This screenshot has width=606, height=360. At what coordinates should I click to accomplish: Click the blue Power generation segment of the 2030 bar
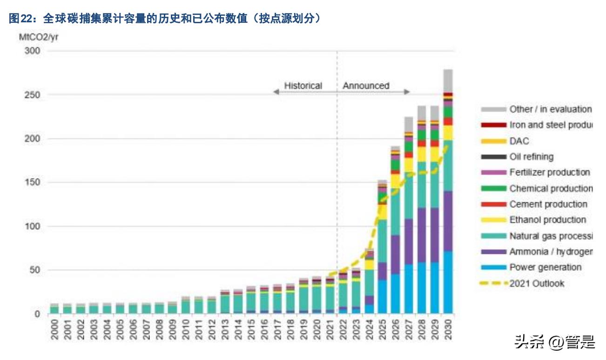click(x=448, y=282)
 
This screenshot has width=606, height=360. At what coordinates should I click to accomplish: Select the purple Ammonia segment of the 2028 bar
click(x=422, y=235)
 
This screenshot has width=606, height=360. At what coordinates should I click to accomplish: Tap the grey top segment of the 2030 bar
click(x=448, y=80)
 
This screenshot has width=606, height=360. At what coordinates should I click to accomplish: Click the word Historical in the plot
click(x=303, y=86)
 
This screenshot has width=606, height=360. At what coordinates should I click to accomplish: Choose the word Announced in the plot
click(x=366, y=86)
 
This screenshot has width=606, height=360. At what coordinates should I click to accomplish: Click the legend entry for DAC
click(x=519, y=141)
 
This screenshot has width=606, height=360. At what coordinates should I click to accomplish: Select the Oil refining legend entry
click(x=531, y=157)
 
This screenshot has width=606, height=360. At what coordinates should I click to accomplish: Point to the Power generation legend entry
click(x=545, y=267)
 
